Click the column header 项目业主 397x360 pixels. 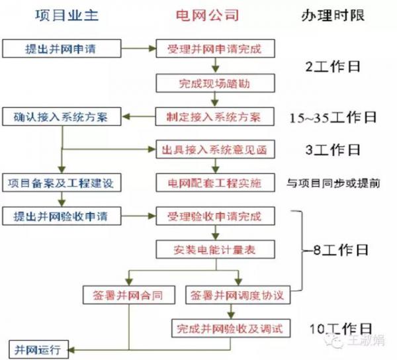click(x=67, y=15)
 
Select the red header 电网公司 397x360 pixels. click(x=207, y=15)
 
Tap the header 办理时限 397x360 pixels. click(x=333, y=15)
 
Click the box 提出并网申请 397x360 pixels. click(x=62, y=48)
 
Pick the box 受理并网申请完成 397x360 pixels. click(x=215, y=48)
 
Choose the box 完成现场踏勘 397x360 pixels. click(x=215, y=83)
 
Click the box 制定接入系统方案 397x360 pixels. click(x=214, y=116)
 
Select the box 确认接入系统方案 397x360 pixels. click(x=62, y=116)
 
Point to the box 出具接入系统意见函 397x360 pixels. click(x=215, y=150)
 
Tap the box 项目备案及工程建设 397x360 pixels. click(x=62, y=183)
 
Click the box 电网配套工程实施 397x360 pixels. click(x=215, y=183)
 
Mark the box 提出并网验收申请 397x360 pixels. click(x=62, y=216)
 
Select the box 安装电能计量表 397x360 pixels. click(x=215, y=249)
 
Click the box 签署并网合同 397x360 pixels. click(x=129, y=295)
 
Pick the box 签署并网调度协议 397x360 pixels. click(x=238, y=295)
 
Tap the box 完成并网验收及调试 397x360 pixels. click(x=231, y=328)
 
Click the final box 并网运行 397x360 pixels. click(x=39, y=349)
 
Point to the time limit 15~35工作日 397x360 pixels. click(x=333, y=118)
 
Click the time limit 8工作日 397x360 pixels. click(x=341, y=250)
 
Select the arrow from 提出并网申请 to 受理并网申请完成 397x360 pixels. click(x=138, y=48)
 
